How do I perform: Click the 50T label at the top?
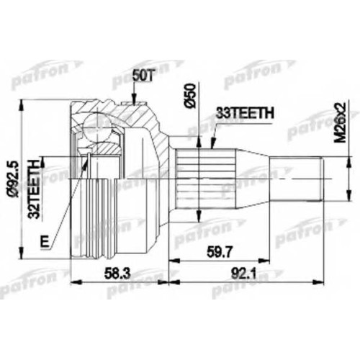click(x=143, y=76)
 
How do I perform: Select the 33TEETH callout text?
click(x=245, y=113)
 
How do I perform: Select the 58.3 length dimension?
click(x=117, y=274)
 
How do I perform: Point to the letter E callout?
click(x=45, y=241)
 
